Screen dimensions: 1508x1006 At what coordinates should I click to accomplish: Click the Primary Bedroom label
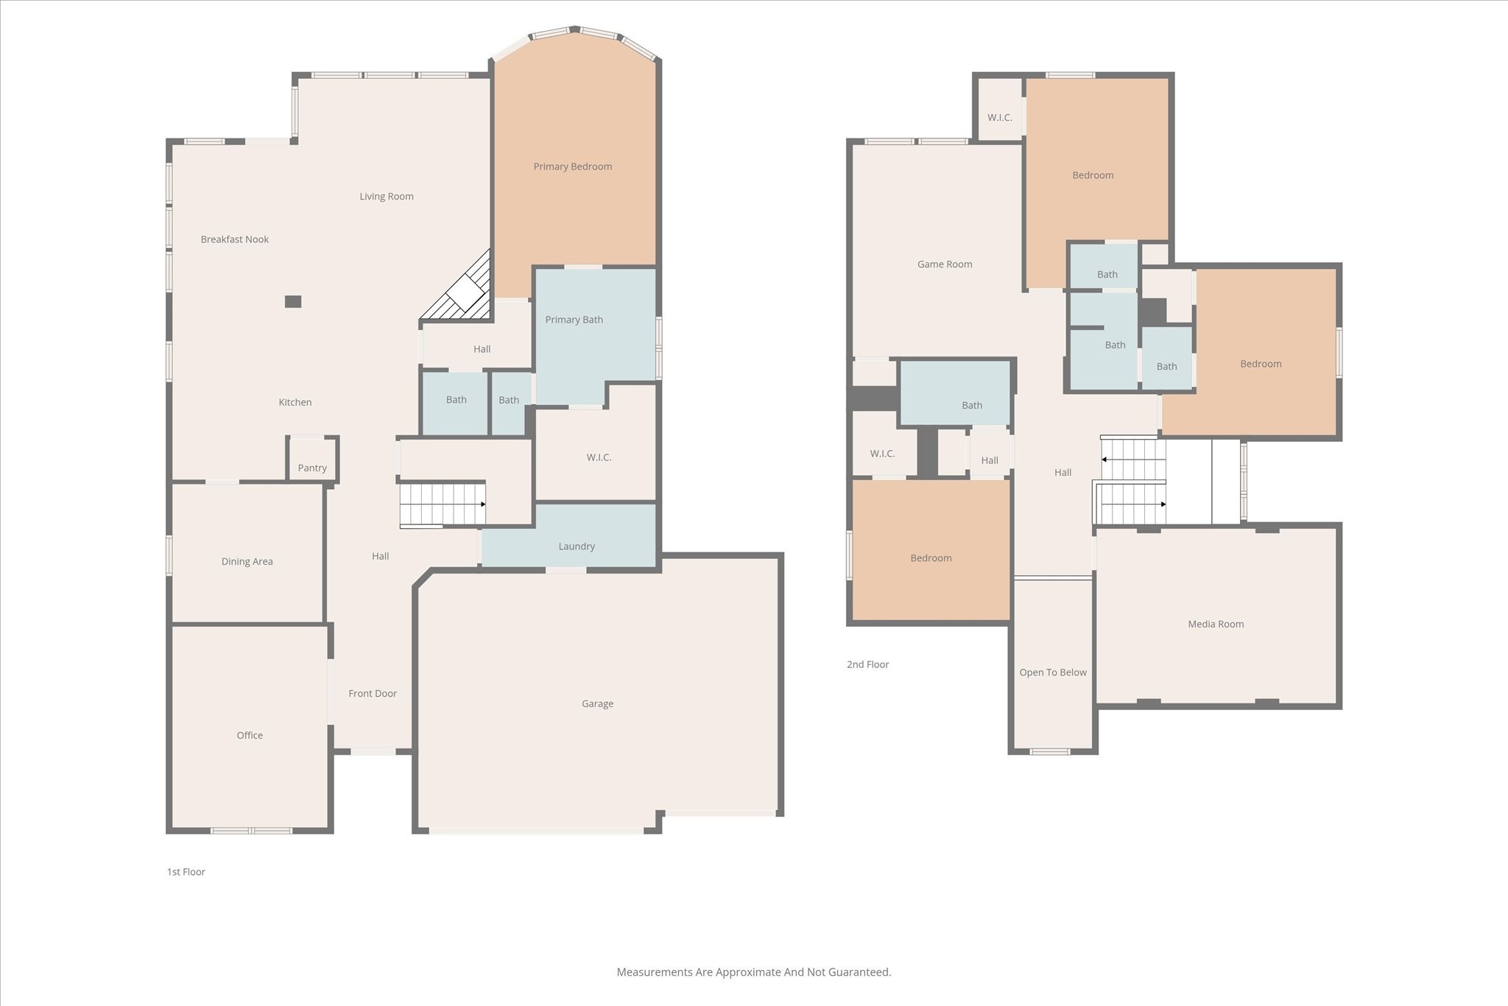[573, 166]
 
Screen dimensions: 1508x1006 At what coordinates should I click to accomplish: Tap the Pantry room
[312, 460]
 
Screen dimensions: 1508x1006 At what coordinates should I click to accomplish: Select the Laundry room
[568, 535]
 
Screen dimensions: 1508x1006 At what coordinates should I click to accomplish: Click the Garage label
[597, 704]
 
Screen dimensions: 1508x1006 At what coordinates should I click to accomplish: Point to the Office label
[250, 735]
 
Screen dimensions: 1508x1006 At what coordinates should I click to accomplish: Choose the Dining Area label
[247, 561]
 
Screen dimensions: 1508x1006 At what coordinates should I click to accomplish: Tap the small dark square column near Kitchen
[293, 301]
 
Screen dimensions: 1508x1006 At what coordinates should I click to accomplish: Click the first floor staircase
[443, 504]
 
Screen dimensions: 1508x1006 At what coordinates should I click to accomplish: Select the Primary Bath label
[574, 320]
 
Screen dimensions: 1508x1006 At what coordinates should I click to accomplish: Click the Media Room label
[1216, 624]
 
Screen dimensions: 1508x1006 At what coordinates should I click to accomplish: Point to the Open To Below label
[1053, 672]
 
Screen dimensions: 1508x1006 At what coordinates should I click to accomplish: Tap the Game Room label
[945, 264]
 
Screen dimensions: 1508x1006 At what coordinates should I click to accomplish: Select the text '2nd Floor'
[868, 664]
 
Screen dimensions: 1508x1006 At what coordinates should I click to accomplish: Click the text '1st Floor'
[186, 872]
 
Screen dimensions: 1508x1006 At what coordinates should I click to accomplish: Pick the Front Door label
[373, 694]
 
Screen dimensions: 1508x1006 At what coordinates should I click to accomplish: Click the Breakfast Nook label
[235, 239]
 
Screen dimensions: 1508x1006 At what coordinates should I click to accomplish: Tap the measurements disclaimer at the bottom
[754, 972]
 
